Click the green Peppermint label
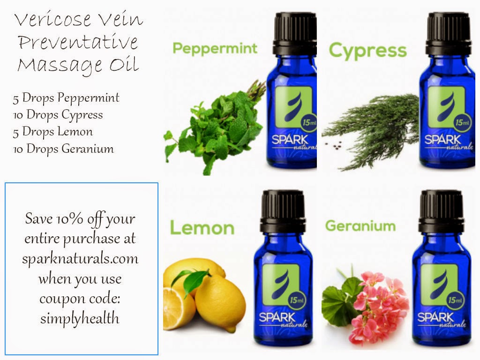215,48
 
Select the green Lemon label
202,228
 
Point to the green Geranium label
360,226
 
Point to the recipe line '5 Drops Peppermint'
66,98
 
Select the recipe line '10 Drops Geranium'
63,149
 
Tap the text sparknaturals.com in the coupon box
80,259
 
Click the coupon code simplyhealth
80,319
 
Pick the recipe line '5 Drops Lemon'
52,132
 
